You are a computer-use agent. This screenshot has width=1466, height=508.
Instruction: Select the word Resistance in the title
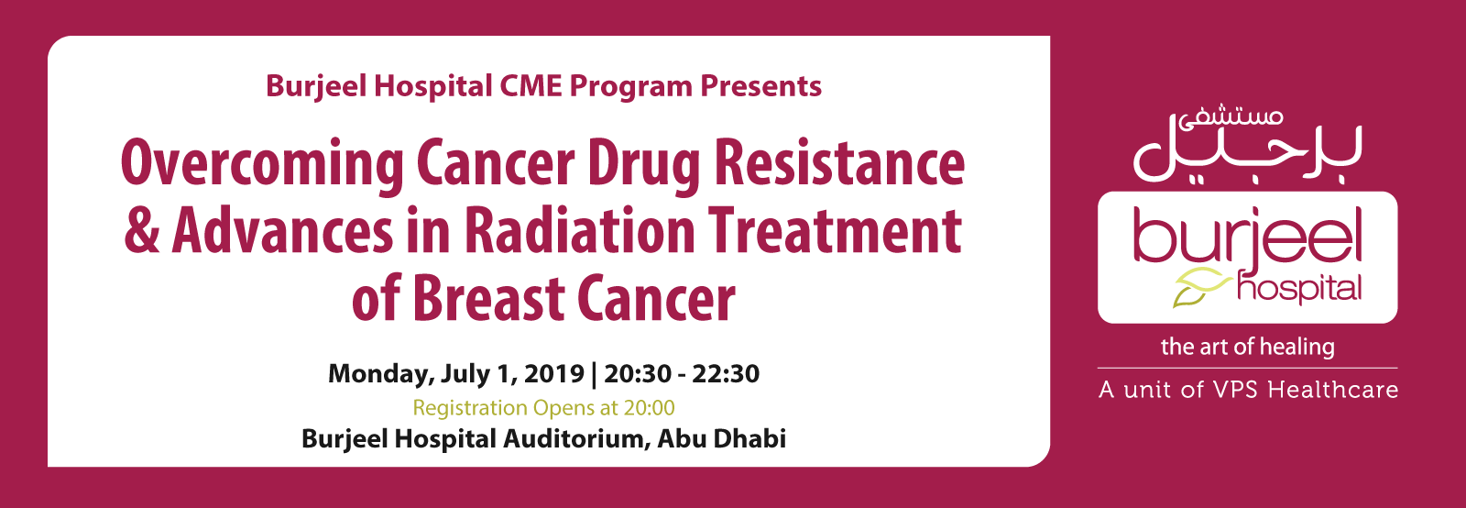click(x=839, y=161)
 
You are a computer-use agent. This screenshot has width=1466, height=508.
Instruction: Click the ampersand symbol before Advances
click(x=142, y=230)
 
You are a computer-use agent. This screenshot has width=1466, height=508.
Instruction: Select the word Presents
click(x=760, y=86)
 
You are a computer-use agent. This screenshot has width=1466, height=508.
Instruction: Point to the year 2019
click(x=554, y=374)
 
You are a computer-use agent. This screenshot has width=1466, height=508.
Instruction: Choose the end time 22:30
click(x=726, y=374)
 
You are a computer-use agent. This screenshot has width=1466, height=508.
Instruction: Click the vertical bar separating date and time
click(x=594, y=374)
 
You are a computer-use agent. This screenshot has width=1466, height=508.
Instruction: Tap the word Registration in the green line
click(x=470, y=408)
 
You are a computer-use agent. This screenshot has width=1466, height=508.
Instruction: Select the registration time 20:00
click(x=649, y=407)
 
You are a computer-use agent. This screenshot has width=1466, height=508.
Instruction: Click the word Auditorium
click(x=576, y=438)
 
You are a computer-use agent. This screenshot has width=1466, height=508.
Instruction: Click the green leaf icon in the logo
click(x=1201, y=288)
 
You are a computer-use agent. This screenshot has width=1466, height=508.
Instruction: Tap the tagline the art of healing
click(x=1247, y=347)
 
